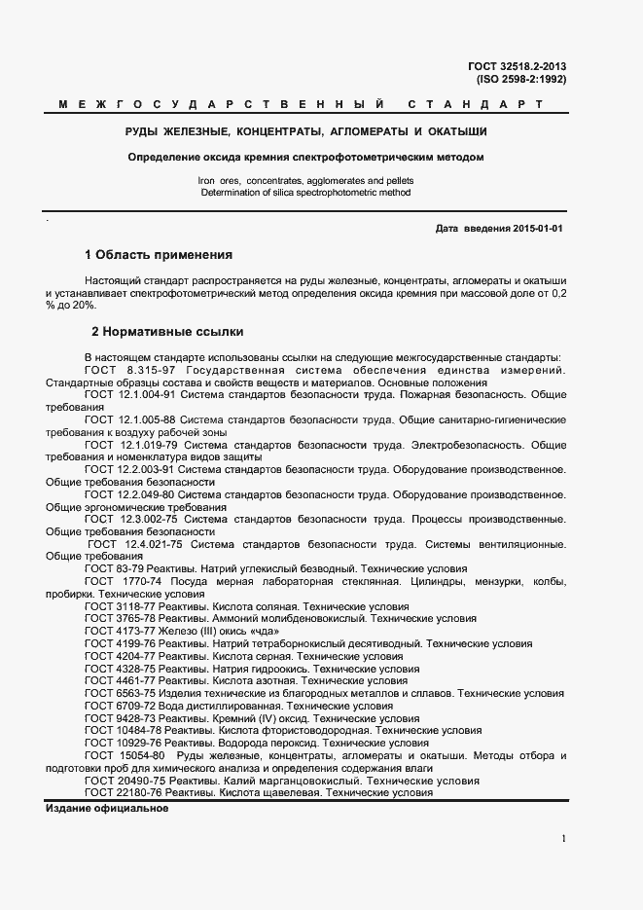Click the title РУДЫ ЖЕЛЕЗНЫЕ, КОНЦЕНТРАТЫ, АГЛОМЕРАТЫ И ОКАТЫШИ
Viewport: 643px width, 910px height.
pos(306,130)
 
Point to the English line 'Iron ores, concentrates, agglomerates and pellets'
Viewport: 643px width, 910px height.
pos(305,181)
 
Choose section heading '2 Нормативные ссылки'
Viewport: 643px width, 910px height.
pos(167,332)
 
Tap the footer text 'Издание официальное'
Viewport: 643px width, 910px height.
pos(107,809)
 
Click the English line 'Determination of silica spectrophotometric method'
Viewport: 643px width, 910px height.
pos(305,193)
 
